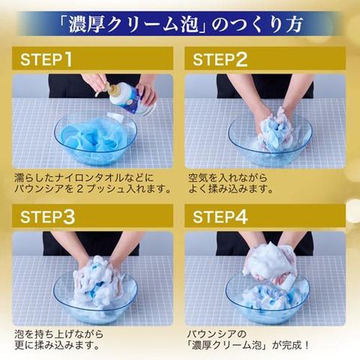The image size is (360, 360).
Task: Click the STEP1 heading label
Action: pos(46,59)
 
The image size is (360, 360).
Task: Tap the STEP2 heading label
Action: pos(220,59)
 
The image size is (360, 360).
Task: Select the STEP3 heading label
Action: pos(47,217)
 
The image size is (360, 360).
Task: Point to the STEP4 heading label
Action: pos(220,217)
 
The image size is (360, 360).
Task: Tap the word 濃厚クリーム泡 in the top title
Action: pos(133,25)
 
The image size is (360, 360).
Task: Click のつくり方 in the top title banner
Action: pos(257,25)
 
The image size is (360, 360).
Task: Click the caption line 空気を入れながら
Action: pos(228,178)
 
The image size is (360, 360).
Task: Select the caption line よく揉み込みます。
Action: pos(230,189)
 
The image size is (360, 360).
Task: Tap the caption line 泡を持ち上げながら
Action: pos(58,334)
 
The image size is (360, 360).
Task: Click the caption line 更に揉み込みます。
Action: pos(57,346)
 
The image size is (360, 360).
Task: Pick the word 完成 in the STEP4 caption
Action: pos(292,346)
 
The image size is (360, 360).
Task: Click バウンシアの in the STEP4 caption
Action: pos(217,334)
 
